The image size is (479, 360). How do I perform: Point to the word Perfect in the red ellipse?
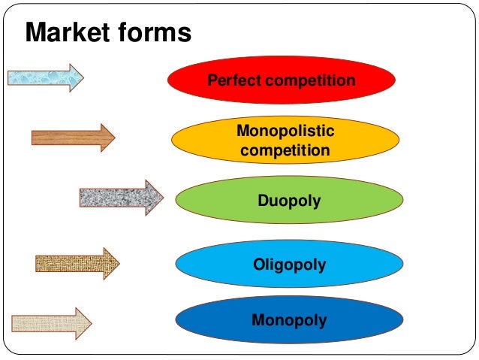tap(231, 80)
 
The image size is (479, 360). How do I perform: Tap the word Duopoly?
tap(289, 201)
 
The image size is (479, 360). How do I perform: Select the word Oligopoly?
tap(289, 265)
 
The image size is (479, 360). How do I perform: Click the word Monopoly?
tap(289, 321)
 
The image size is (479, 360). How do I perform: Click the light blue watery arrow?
tap(45, 77)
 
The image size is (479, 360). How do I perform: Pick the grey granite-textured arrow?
tap(120, 198)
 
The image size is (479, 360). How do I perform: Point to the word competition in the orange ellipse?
tap(285, 150)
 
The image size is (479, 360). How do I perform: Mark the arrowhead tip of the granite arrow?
tap(161, 198)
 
